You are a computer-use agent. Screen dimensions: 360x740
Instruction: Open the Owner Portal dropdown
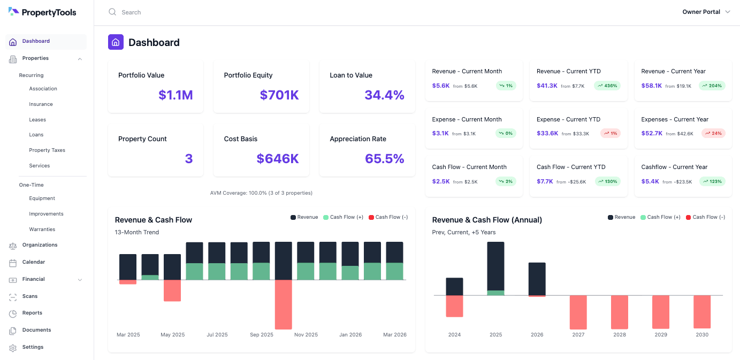click(x=706, y=12)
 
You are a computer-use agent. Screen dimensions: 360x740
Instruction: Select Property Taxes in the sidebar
click(x=47, y=150)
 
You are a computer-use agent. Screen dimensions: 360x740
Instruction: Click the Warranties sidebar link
click(x=42, y=229)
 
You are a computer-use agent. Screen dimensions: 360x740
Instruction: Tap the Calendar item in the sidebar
click(x=33, y=262)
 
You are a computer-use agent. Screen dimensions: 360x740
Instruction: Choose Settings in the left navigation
click(x=33, y=347)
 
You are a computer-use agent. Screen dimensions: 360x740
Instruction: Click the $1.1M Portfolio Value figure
click(x=176, y=95)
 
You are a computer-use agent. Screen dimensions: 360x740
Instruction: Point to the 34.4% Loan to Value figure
click(x=384, y=95)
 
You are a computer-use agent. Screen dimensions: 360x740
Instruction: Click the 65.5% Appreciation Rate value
click(x=384, y=159)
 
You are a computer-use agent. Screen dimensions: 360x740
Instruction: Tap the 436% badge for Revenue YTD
click(x=607, y=86)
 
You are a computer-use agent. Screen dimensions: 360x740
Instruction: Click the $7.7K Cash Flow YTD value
click(x=545, y=181)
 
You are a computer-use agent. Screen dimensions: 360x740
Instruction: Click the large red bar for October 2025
click(x=283, y=304)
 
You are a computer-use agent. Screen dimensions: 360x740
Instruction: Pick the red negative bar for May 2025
click(x=172, y=290)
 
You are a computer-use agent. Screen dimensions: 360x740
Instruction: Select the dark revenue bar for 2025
click(x=495, y=266)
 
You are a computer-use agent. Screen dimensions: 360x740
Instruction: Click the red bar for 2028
click(x=620, y=312)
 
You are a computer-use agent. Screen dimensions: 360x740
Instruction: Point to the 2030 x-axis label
click(x=702, y=335)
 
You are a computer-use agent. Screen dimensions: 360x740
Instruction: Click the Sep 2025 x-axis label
click(x=262, y=335)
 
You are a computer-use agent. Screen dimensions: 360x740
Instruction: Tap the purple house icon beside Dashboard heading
click(x=116, y=42)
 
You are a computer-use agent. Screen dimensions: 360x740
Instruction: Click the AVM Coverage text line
click(x=261, y=193)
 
